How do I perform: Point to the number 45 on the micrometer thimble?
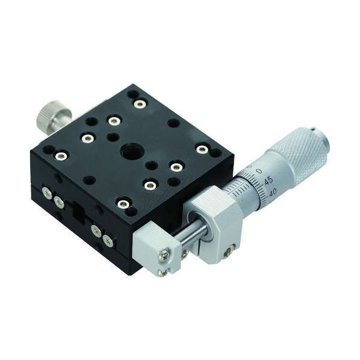coord(268,180)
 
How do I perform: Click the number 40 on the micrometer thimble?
coord(273,192)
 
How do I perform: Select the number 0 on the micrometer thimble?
coord(259,171)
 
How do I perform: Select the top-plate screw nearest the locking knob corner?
coord(140,104)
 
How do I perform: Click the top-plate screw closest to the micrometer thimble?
coord(203,149)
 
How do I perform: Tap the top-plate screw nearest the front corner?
coord(123,204)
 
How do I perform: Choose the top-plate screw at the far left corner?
coord(61,157)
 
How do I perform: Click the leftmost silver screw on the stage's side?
coord(46,193)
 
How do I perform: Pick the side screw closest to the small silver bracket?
coord(108,241)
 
